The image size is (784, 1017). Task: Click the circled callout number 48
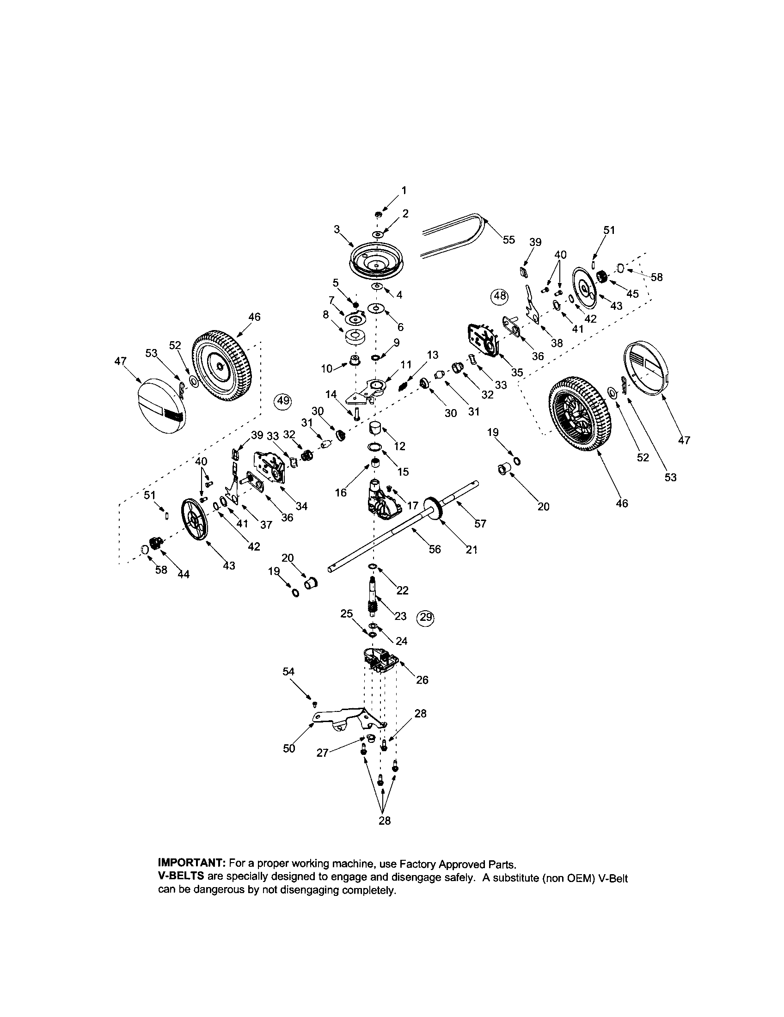[x=500, y=296]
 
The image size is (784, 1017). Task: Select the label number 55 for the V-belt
[x=509, y=239]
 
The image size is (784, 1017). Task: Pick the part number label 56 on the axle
[x=435, y=550]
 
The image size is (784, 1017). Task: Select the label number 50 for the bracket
[x=289, y=748]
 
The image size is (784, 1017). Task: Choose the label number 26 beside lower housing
[x=422, y=680]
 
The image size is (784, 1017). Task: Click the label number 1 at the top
[x=404, y=190]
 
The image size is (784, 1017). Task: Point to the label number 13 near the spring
[x=433, y=355]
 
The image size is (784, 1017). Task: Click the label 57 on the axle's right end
[x=480, y=523]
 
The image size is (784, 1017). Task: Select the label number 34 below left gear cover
[x=302, y=506]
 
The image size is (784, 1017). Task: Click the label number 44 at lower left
[x=184, y=575]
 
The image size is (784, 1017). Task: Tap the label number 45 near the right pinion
[x=632, y=294]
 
